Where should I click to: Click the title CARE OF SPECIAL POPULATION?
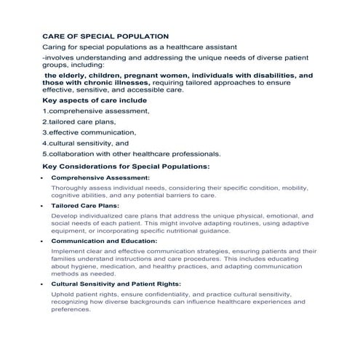(105, 36)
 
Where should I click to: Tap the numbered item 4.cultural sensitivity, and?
(85, 143)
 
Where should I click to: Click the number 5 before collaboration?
(44, 154)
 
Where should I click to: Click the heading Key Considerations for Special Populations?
(126, 167)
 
